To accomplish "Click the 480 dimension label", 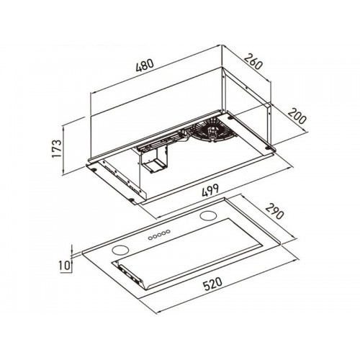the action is (x=144, y=65).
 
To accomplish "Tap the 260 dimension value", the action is (x=253, y=62).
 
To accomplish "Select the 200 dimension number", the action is (x=297, y=116).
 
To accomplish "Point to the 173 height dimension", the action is (x=57, y=148).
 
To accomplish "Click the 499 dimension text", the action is (x=210, y=190).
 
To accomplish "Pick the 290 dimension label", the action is (x=274, y=211).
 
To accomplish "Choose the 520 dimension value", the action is (x=213, y=284).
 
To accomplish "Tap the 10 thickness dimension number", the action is (x=64, y=265).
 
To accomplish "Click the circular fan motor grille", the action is (x=212, y=131).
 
